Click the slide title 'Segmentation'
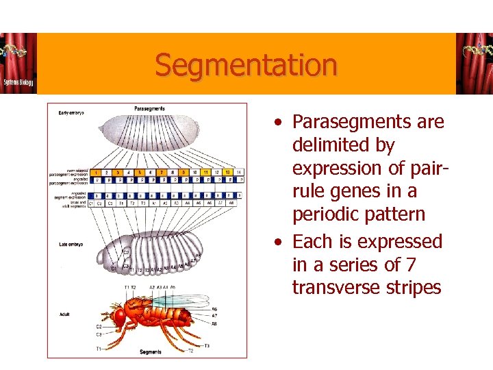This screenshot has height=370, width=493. point(246,65)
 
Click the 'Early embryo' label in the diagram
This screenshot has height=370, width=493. point(71,112)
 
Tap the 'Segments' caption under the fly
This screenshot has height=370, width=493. point(151,352)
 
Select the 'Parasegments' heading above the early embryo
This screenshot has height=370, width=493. point(149,108)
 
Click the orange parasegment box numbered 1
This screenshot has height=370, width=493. point(97,171)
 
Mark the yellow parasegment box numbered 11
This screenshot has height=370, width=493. point(205,171)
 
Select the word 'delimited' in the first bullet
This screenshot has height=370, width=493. point(326,145)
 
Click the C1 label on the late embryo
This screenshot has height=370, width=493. point(114,269)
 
